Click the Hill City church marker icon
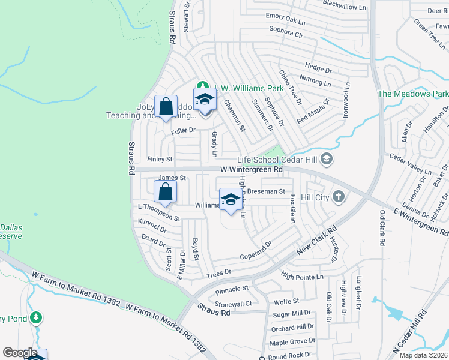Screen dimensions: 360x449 coord(339,197)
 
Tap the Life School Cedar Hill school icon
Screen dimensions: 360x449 coord(327,159)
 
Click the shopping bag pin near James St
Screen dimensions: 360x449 coord(166,192)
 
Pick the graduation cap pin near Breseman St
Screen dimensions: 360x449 coord(231,199)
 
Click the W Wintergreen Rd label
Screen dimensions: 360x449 coord(251,170)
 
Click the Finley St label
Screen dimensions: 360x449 coord(160,160)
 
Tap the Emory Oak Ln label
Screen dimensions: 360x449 coord(286,18)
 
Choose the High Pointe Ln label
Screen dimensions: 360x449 coord(302,277)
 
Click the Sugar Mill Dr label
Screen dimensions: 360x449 coord(291,314)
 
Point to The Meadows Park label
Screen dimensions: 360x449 coord(412,94)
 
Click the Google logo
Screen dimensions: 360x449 coord(20,353)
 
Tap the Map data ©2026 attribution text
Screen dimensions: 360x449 coord(423,355)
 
